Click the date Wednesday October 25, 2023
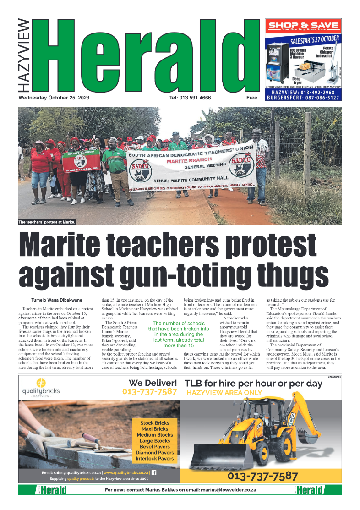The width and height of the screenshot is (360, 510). pos(51,98)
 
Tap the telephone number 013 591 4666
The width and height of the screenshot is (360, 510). pos(190,98)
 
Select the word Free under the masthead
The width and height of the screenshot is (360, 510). pos(251,98)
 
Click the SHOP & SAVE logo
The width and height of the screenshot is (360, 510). pos(303,26)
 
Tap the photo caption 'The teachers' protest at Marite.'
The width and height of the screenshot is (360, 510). pos(47,222)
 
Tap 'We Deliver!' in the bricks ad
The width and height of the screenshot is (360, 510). pos(153,383)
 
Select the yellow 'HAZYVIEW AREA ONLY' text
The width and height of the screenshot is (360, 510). pos(224,393)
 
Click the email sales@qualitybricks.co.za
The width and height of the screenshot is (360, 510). pos(71,472)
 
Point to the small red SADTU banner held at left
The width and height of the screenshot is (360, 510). pos(81,160)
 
